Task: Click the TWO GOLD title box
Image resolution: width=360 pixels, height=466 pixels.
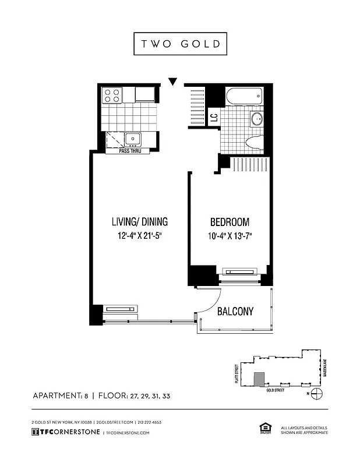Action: [x=179, y=44]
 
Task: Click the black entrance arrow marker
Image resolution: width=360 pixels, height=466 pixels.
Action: [x=172, y=82]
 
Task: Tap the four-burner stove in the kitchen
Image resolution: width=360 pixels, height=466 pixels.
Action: [x=112, y=95]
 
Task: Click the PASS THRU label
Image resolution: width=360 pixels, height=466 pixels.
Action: [x=130, y=151]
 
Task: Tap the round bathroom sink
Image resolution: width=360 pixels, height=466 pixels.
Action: [x=256, y=119]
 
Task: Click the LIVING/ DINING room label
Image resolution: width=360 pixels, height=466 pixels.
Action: [x=139, y=221]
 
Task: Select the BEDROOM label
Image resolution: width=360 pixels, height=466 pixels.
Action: [x=230, y=222]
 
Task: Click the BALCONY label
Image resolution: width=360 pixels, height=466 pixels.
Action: [x=235, y=312]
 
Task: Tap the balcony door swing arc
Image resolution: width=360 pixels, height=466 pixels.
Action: [x=213, y=303]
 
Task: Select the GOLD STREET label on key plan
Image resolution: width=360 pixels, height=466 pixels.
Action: [x=276, y=390]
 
